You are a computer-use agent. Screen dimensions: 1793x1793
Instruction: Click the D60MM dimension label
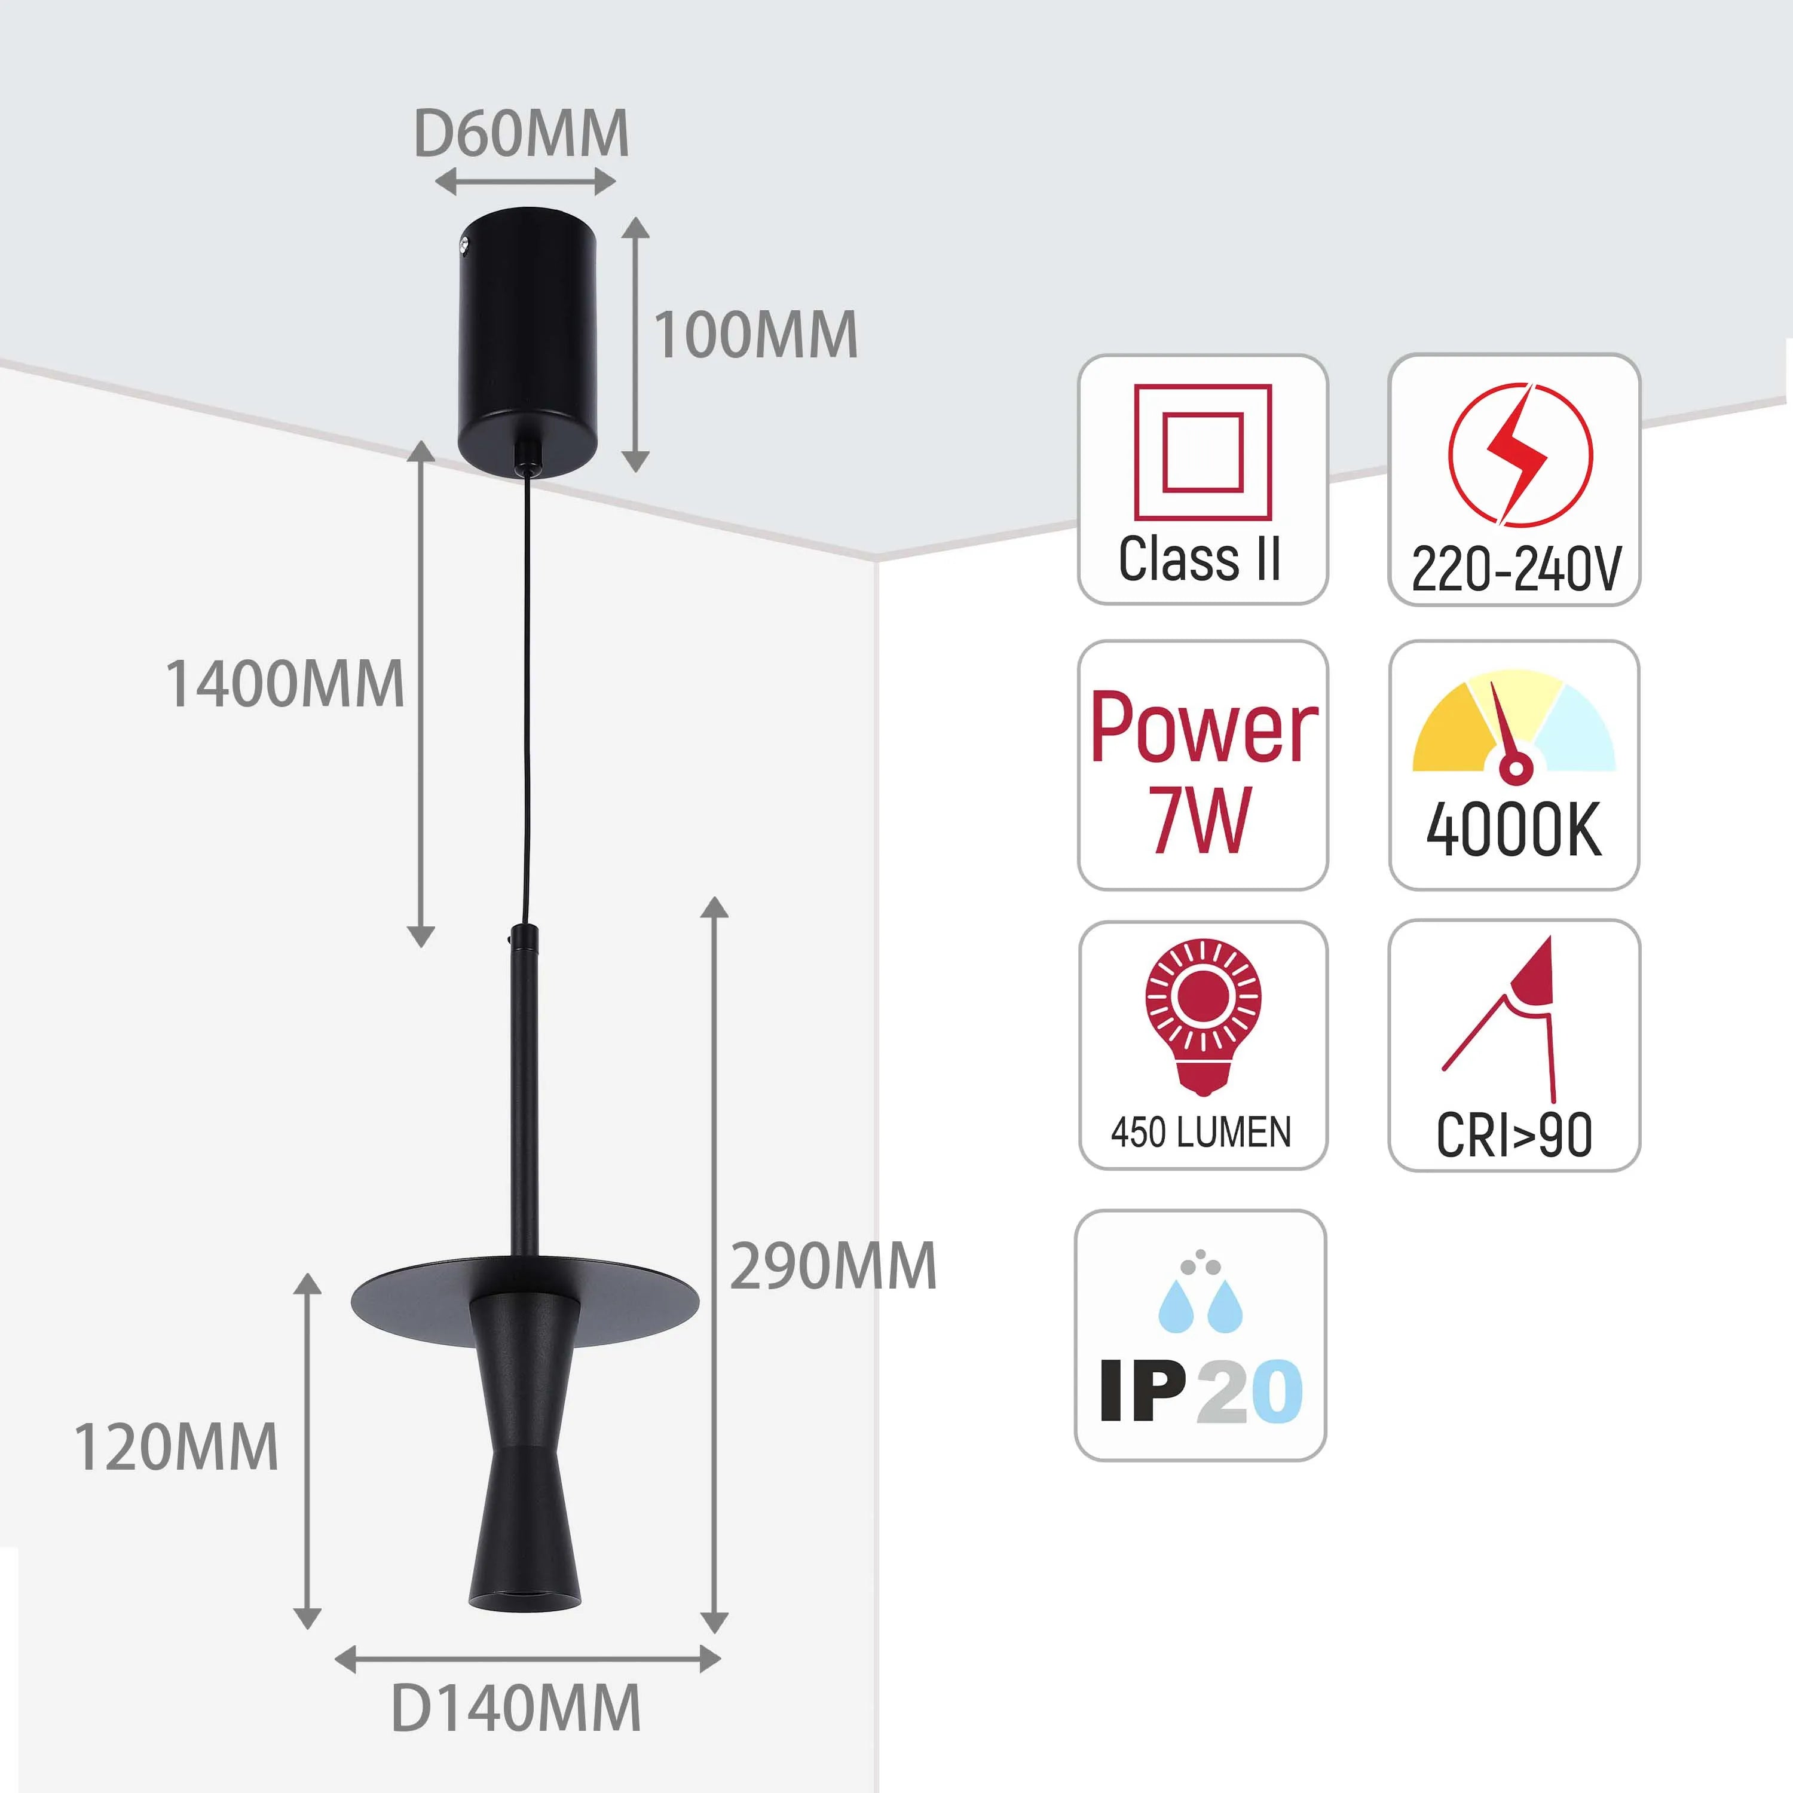[522, 134]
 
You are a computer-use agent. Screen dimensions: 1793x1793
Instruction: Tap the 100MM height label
[755, 335]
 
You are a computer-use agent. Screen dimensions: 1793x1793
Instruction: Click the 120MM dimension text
[176, 1447]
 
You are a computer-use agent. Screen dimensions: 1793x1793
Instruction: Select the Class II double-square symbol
[1202, 452]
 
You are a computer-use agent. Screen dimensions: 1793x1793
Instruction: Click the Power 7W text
[1203, 770]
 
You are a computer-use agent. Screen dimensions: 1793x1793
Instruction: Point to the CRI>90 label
[1514, 1135]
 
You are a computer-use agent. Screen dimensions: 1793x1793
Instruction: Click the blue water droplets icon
[1200, 1295]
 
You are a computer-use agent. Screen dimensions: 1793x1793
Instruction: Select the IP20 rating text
[1201, 1392]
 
